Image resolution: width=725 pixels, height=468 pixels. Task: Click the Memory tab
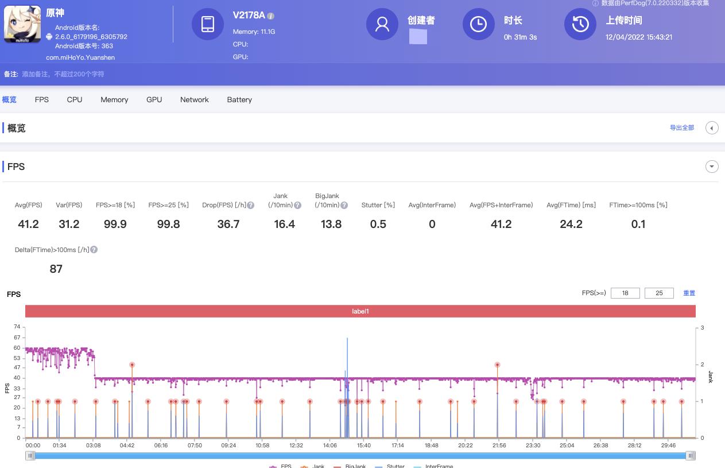pyautogui.click(x=114, y=99)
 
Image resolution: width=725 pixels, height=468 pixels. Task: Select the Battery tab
pyautogui.click(x=239, y=99)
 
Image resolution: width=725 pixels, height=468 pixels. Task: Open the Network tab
pyautogui.click(x=194, y=99)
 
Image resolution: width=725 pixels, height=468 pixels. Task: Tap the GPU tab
pyautogui.click(x=154, y=99)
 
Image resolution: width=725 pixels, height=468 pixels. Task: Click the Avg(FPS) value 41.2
pyautogui.click(x=28, y=224)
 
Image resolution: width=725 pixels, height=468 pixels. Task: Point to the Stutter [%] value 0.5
pyautogui.click(x=378, y=224)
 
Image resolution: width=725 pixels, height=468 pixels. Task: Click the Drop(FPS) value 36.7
pyautogui.click(x=228, y=224)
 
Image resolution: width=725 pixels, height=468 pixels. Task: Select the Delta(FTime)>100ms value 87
pyautogui.click(x=56, y=269)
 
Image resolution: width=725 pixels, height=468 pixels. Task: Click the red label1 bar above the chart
pyautogui.click(x=360, y=311)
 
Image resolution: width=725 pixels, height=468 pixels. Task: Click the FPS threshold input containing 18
pyautogui.click(x=625, y=293)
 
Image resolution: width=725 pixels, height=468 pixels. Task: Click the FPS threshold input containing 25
pyautogui.click(x=659, y=293)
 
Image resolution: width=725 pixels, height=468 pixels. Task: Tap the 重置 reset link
pyautogui.click(x=689, y=293)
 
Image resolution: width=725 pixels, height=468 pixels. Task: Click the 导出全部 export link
pyautogui.click(x=681, y=127)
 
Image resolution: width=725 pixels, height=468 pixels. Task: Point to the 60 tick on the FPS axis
pyautogui.click(x=17, y=347)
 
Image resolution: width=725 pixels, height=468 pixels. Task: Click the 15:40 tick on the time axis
pyautogui.click(x=363, y=445)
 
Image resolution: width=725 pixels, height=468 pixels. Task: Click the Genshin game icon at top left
pyautogui.click(x=22, y=24)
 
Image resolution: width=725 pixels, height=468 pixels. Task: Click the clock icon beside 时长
pyautogui.click(x=478, y=24)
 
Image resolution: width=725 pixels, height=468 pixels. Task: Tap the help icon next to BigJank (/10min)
pyautogui.click(x=344, y=205)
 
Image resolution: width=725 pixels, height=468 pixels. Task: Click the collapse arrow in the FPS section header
pyautogui.click(x=712, y=167)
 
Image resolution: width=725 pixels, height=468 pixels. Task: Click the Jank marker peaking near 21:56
pyautogui.click(x=497, y=365)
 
